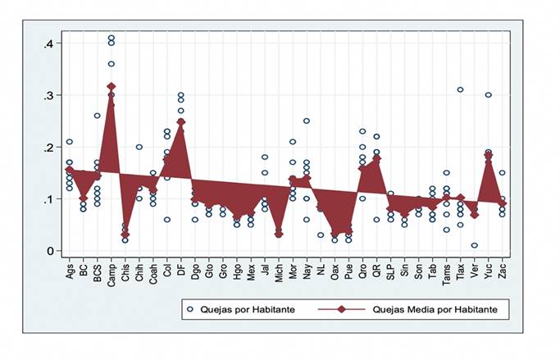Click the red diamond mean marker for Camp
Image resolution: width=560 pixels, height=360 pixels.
[112, 86]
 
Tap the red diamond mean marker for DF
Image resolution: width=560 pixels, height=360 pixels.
[181, 122]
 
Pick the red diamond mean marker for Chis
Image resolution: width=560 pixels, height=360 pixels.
[125, 235]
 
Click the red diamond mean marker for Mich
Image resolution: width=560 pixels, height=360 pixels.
[279, 235]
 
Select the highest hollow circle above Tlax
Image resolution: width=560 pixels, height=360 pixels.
[461, 89]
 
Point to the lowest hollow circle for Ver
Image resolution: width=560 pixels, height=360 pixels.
[475, 245]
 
